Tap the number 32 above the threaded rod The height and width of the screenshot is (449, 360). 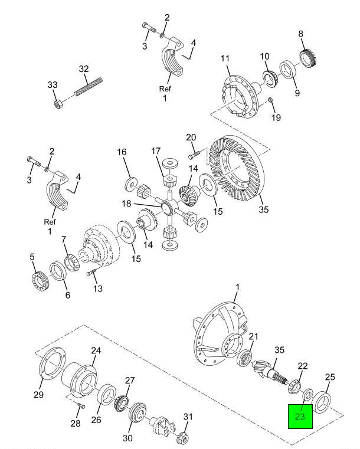coord(84,68)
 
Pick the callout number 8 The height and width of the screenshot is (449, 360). coord(301,35)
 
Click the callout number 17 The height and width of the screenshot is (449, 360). coord(156,151)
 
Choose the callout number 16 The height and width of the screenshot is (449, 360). coord(122,152)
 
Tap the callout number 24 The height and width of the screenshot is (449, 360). coord(96,350)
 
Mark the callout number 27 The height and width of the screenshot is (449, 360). coord(129,381)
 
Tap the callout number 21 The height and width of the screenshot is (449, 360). coord(254,337)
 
